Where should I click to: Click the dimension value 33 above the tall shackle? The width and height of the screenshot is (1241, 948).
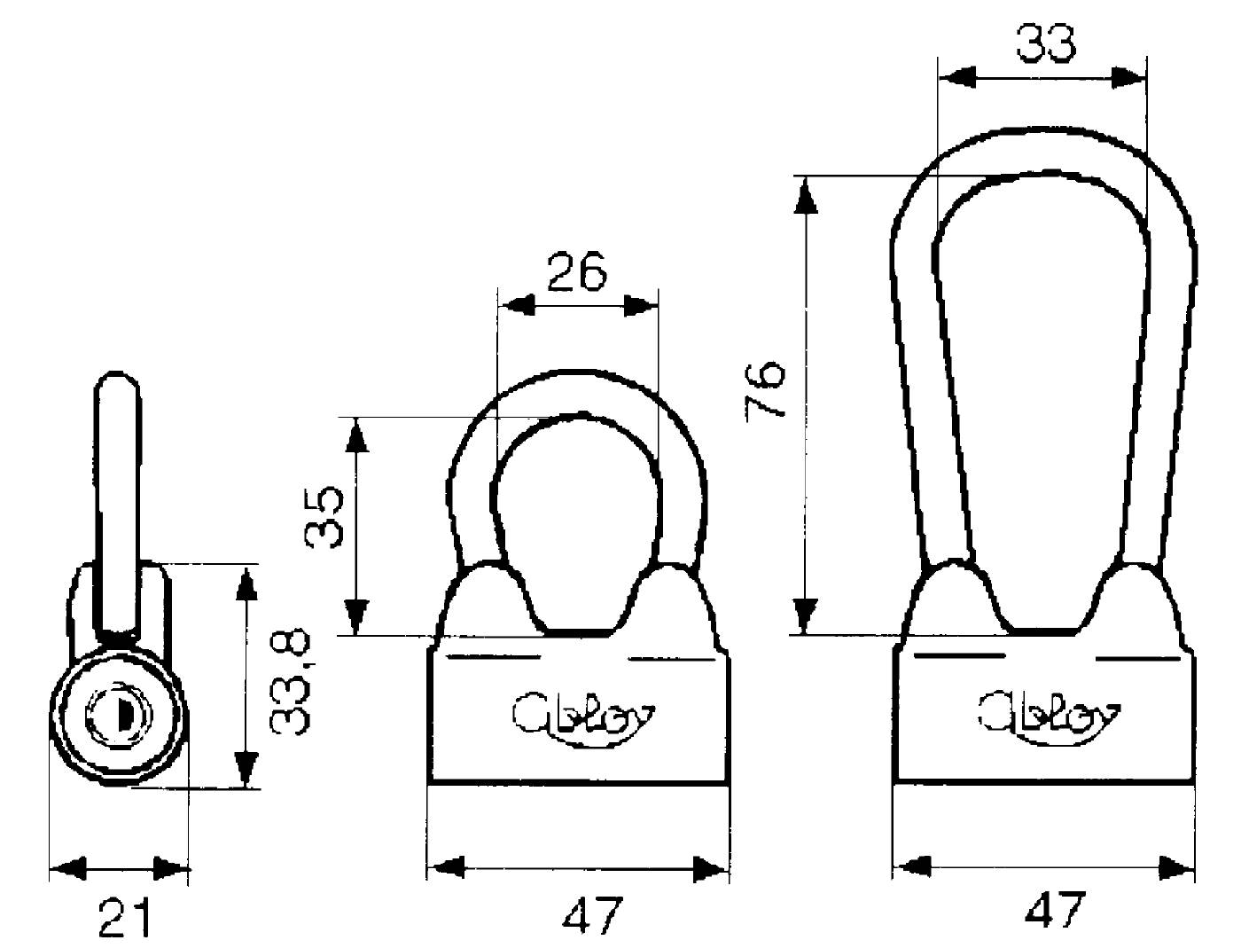coord(1045,43)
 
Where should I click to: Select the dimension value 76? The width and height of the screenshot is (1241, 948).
coord(765,390)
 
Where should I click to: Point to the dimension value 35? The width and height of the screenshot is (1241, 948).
coord(324,516)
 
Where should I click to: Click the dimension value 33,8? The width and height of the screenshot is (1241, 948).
coord(290,683)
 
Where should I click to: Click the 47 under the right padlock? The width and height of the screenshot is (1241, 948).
coord(1055,909)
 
